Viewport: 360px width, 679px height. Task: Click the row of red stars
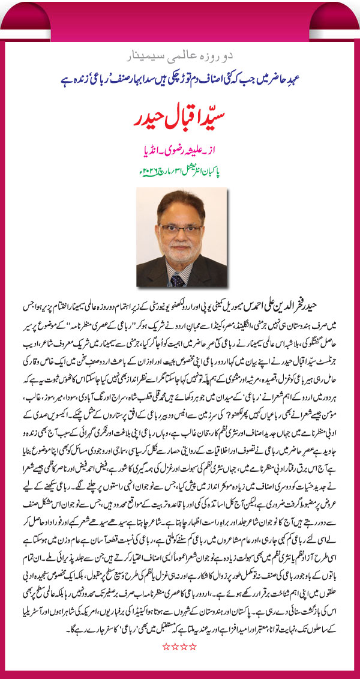pos(180,647)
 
